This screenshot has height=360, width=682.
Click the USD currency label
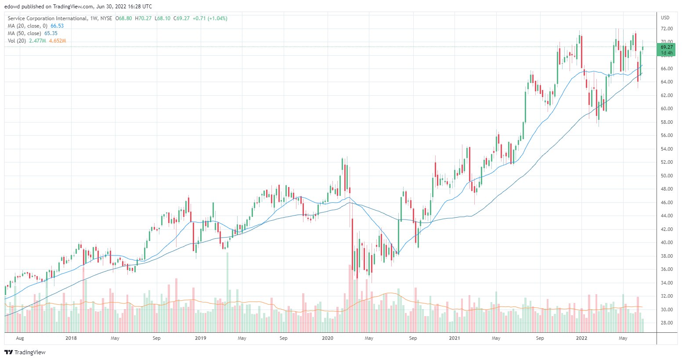tap(665, 18)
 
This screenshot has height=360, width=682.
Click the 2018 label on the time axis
tap(71, 338)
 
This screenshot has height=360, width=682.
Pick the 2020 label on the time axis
tap(328, 338)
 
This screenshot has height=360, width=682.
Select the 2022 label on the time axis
tap(581, 338)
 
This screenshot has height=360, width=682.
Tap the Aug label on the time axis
tap(20, 338)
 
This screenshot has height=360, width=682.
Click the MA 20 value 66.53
tap(57, 26)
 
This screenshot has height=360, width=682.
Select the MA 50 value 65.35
tap(51, 33)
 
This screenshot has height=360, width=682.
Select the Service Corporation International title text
tap(47, 18)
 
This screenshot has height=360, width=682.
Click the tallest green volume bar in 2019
tap(227, 290)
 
